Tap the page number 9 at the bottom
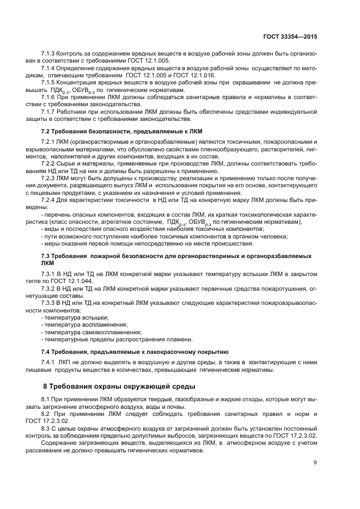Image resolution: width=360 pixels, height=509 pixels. pos(315,463)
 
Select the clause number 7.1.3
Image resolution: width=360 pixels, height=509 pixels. pos(50,54)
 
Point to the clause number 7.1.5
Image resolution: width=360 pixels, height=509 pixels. pos(50,81)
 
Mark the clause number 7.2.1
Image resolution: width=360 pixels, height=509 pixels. pos(50,142)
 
